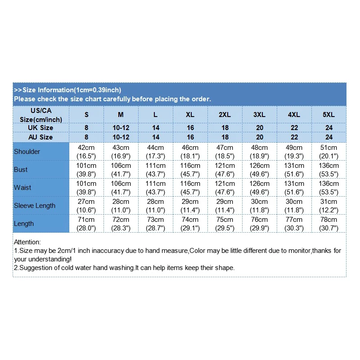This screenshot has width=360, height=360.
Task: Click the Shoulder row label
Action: [x=27, y=152]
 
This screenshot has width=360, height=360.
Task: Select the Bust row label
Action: [x=21, y=170]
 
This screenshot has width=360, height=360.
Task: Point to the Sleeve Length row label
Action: [x=35, y=206]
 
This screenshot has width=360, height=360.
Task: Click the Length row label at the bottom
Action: [x=24, y=224]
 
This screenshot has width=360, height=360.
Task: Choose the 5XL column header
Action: [x=329, y=115]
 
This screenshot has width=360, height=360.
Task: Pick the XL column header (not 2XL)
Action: [x=190, y=115]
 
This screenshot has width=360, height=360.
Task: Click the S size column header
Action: [x=86, y=115]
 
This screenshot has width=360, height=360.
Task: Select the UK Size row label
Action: [x=41, y=128]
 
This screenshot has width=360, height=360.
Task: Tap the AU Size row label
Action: [x=41, y=137]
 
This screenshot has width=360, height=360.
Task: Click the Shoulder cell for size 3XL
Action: [x=260, y=152]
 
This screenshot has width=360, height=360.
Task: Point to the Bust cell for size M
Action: [x=121, y=170]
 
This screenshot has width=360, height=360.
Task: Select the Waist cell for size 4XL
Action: [x=294, y=188]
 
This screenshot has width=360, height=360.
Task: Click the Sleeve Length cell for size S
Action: [x=86, y=206]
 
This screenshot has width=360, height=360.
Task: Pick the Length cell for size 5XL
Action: [x=329, y=224]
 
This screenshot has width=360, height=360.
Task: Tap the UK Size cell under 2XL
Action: [x=225, y=128]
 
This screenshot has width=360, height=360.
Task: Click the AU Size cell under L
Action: [x=156, y=137]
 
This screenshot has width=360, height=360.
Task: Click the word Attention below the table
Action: [x=27, y=242]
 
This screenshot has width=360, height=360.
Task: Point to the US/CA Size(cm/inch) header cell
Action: [x=41, y=115]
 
